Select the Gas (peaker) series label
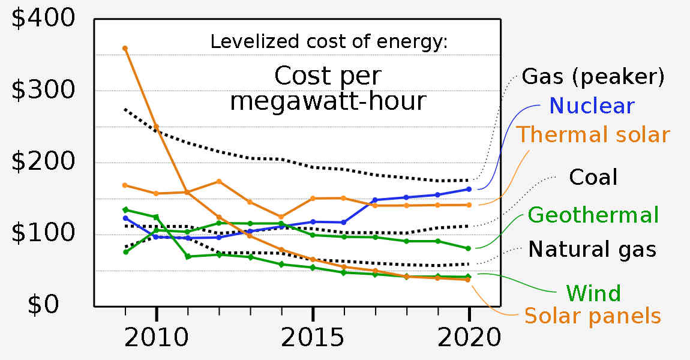tap(593, 77)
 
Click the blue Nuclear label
tap(592, 106)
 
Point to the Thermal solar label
tap(593, 134)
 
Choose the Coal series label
tap(593, 177)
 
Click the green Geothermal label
tap(593, 215)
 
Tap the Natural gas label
tap(592, 250)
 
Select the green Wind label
tap(593, 293)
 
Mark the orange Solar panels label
tap(593, 316)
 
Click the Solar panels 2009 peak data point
tap(125, 48)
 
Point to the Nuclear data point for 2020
tap(469, 189)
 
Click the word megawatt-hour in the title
tap(328, 101)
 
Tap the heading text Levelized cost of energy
tap(329, 43)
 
